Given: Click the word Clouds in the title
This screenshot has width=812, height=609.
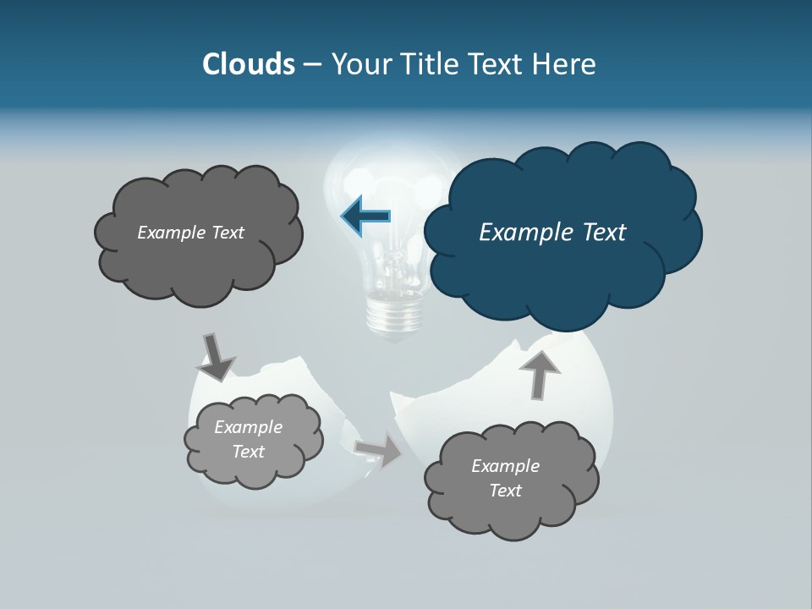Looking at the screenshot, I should point(248,64).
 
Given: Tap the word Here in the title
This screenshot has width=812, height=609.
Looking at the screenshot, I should point(565,64).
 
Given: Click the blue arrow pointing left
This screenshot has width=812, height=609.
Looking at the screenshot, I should point(366,216).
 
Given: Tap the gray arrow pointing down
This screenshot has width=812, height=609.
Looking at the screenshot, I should point(215,357).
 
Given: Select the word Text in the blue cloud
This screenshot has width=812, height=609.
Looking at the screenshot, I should point(603,233).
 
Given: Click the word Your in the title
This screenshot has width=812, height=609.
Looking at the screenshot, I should point(359,64).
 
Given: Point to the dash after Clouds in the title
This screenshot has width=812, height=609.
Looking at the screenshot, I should point(312,64).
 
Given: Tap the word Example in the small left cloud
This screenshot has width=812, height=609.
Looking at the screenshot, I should point(248,427).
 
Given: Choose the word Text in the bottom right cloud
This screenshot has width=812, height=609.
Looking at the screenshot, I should point(505,491).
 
